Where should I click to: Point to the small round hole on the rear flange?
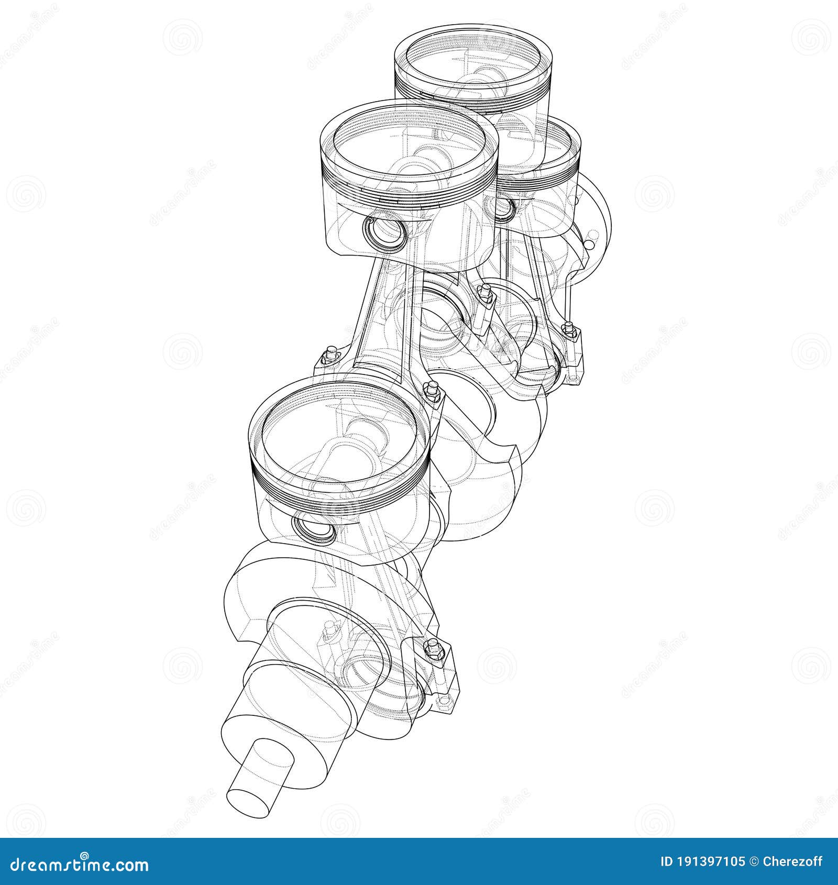[590, 245]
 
